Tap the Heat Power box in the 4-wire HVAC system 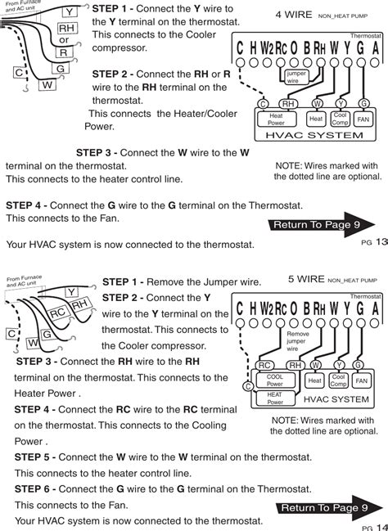tap(276, 119)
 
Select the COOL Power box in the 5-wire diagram tap(275, 380)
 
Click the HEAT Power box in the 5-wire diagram tap(275, 398)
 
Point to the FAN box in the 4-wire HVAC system tap(363, 119)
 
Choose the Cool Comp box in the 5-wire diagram tap(338, 380)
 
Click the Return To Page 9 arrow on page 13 tap(321, 224)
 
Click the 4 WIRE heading tap(294, 15)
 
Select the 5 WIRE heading tap(306, 279)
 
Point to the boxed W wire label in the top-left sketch tap(47, 84)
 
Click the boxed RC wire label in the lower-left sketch tap(57, 313)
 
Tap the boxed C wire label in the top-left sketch tap(19, 73)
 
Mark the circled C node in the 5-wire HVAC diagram tap(248, 387)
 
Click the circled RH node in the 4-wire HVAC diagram tap(288, 104)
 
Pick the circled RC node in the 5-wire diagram tap(264, 365)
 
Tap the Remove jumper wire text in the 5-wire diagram tap(298, 341)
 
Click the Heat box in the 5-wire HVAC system tap(314, 380)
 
